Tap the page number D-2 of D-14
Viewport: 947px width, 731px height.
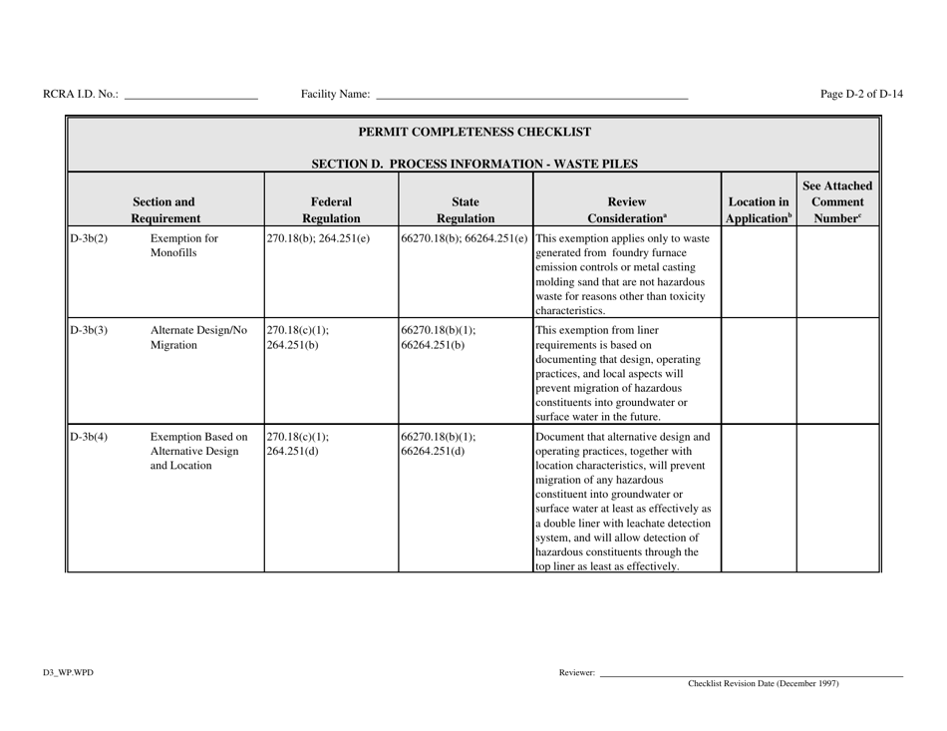click(862, 95)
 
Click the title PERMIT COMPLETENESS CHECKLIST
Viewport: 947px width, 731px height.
click(474, 132)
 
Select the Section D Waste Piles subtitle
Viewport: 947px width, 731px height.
click(474, 163)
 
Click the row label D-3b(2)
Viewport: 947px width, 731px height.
click(88, 239)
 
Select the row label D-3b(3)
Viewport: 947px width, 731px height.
click(88, 332)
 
